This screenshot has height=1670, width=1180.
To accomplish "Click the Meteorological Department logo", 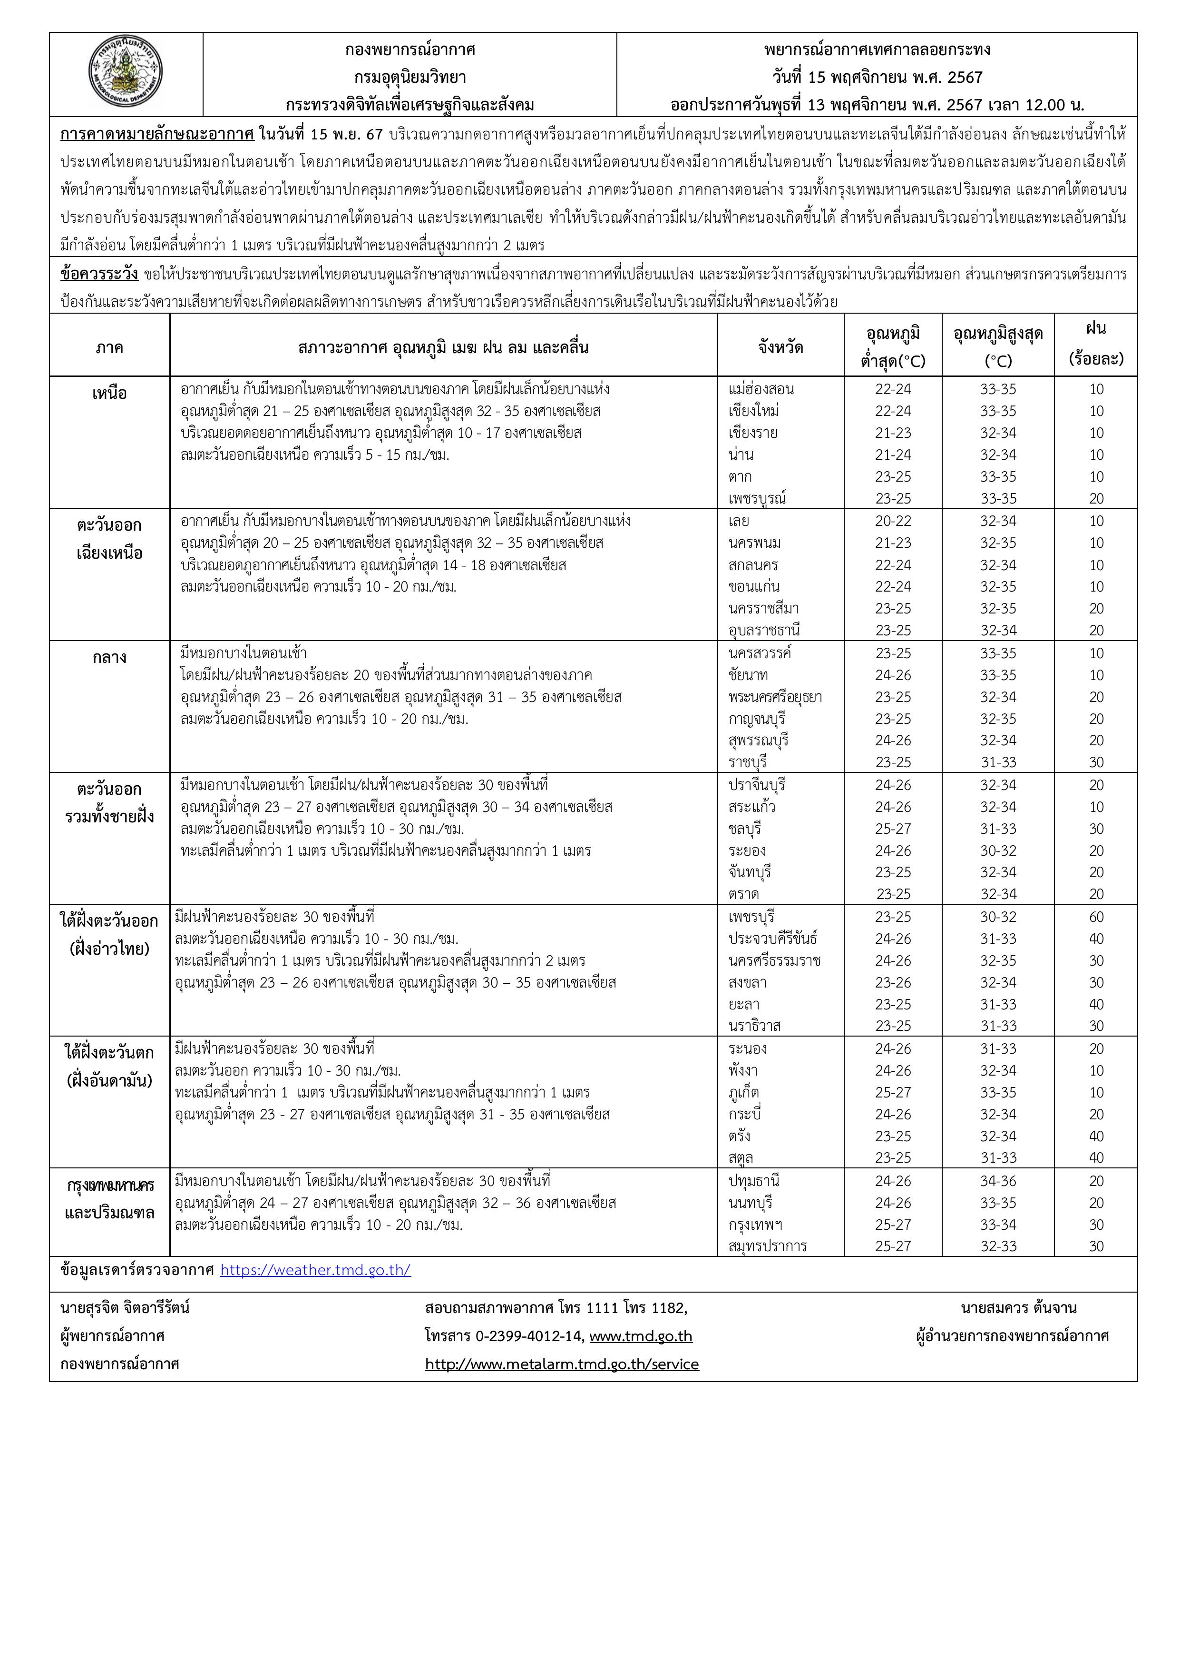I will pyautogui.click(x=125, y=74).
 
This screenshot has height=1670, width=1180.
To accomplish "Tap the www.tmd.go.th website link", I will pyautogui.click(x=641, y=1336).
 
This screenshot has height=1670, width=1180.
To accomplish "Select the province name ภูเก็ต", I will pyautogui.click(x=744, y=1093).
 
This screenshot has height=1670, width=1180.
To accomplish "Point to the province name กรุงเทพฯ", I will pyautogui.click(x=755, y=1225).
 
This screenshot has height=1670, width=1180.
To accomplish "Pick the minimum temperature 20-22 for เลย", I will pyautogui.click(x=893, y=521).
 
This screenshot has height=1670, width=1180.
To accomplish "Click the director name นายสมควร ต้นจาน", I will pyautogui.click(x=1018, y=1308).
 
